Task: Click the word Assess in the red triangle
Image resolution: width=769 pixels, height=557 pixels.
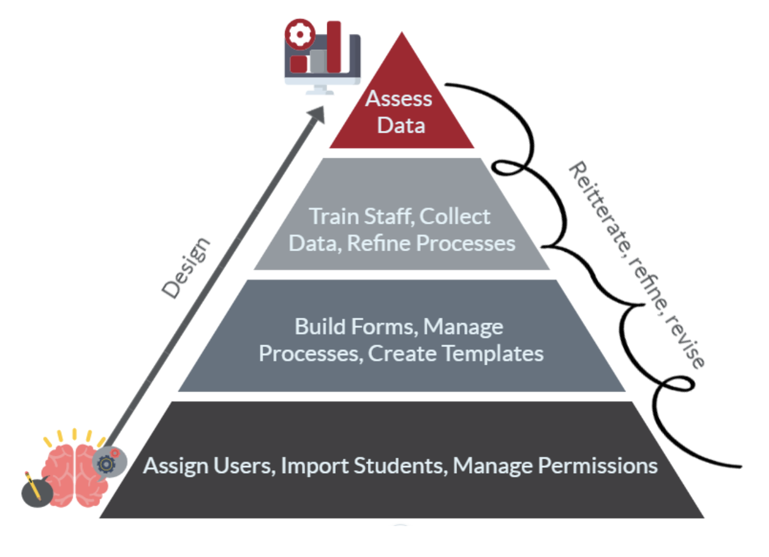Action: (x=399, y=99)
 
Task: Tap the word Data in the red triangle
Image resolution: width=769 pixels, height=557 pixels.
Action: (x=401, y=126)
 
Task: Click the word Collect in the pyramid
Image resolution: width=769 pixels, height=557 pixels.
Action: (x=455, y=217)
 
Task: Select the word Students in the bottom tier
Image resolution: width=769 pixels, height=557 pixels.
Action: (x=399, y=465)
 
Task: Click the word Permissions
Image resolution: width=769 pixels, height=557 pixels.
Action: (x=598, y=465)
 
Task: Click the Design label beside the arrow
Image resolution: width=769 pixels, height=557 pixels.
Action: (x=186, y=268)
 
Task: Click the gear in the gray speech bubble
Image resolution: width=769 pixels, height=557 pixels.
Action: (x=107, y=463)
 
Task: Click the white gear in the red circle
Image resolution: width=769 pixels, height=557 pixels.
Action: (x=299, y=35)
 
